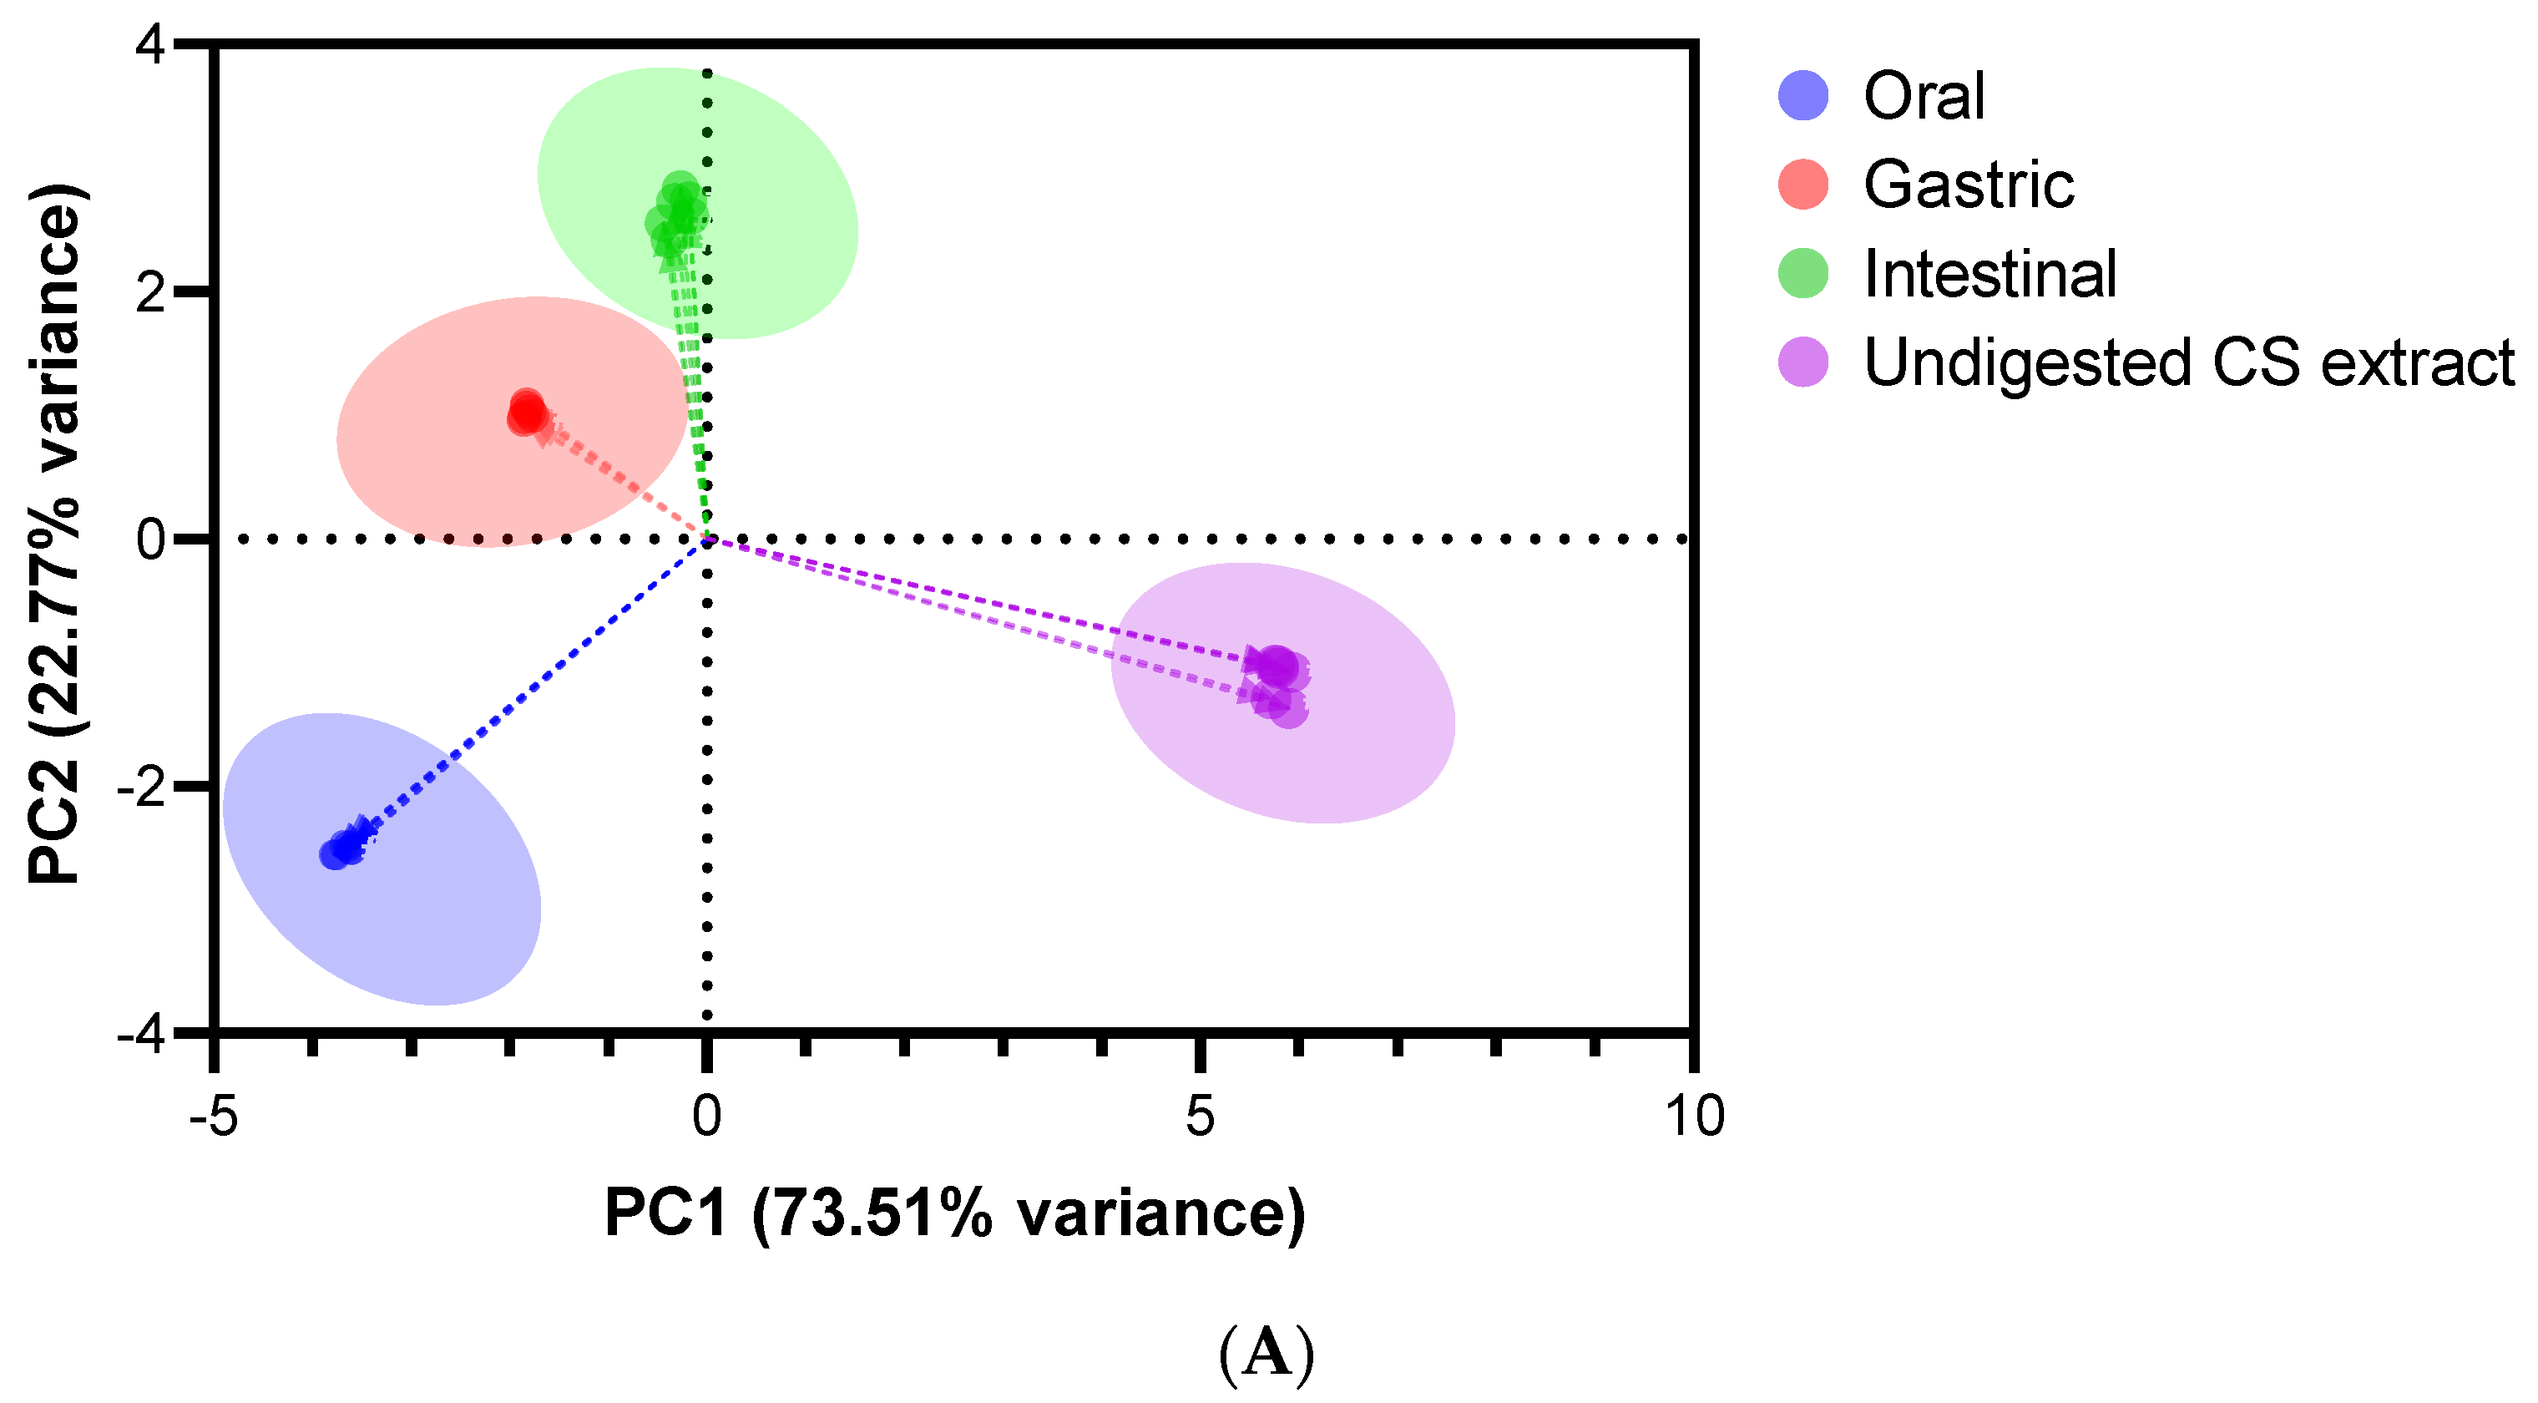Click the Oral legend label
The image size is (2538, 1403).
tap(1924, 97)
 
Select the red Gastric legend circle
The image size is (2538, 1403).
tap(1803, 185)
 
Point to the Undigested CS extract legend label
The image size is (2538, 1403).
tap(2188, 362)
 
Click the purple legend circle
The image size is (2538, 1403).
tap(1803, 362)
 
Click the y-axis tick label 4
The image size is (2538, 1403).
tap(155, 46)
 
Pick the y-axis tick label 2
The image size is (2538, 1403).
tap(152, 292)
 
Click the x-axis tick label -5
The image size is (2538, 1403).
tap(213, 1117)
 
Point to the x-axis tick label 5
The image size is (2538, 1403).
tap(1199, 1117)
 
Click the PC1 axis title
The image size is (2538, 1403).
tap(953, 1213)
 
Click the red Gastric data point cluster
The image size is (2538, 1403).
tap(527, 412)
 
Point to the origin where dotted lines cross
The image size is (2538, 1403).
tap(706, 539)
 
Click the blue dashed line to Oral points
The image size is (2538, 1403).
tap(532, 686)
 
